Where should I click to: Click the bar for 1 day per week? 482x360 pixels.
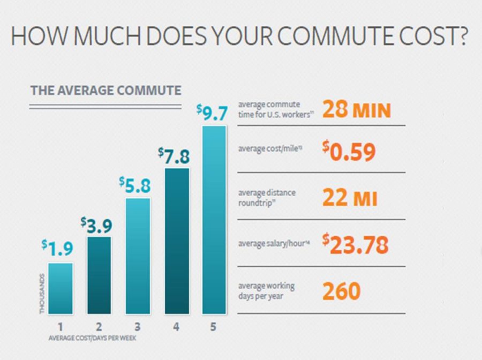tap(61, 288)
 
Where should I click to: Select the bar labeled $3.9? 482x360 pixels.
tap(99, 275)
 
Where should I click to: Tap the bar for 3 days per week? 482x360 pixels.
tap(138, 256)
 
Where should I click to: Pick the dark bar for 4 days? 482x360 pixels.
tap(177, 241)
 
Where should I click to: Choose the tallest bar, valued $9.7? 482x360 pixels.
tap(214, 220)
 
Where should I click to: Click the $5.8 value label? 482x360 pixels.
tap(135, 185)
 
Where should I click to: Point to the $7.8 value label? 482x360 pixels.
tap(174, 156)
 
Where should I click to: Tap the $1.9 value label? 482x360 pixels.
tap(57, 249)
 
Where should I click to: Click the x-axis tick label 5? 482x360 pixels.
tap(213, 326)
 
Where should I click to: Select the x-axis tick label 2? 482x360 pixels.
tap(99, 326)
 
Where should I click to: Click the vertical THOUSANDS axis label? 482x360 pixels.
tap(42, 294)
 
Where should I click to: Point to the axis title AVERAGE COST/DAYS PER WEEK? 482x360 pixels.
tap(92, 338)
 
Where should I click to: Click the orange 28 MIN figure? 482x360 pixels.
tap(357, 109)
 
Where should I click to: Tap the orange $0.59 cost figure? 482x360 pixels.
tap(349, 151)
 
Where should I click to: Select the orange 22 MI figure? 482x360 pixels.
tap(350, 198)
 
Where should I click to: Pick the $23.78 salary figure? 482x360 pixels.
tap(356, 244)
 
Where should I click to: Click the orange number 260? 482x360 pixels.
tap(342, 291)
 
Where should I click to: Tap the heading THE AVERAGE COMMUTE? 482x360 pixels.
tap(106, 91)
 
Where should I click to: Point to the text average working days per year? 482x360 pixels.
tap(267, 291)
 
